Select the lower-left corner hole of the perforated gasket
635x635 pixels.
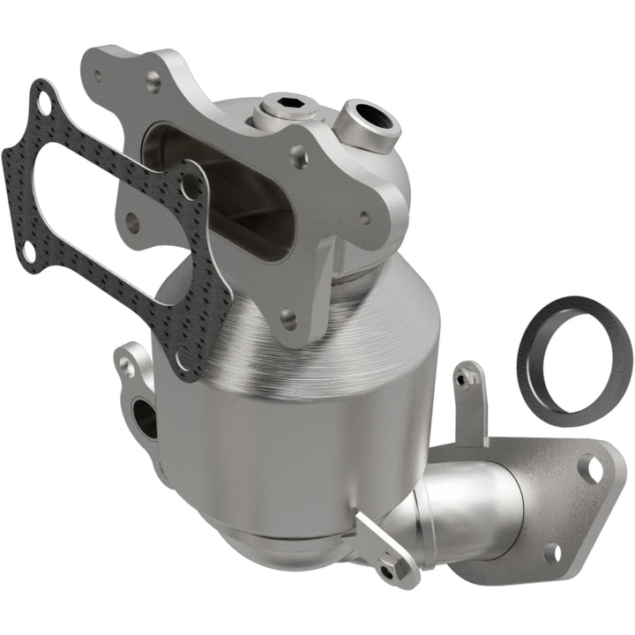(30, 252)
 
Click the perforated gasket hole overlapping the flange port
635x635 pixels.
(189, 188)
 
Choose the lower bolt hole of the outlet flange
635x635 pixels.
(553, 553)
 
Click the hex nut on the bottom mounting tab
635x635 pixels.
(385, 571)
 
